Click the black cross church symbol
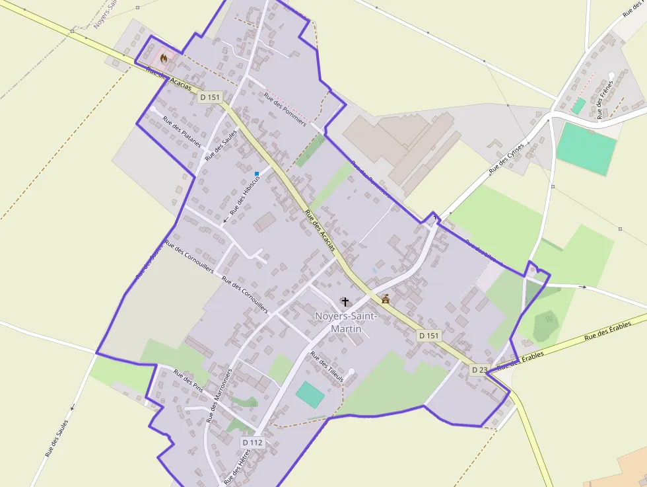pyautogui.click(x=345, y=301)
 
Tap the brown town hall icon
pyautogui.click(x=386, y=299)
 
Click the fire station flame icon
pyautogui.click(x=164, y=57)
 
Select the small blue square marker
pyautogui.click(x=257, y=174)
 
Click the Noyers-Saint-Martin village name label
pyautogui.click(x=345, y=322)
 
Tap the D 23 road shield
pyautogui.click(x=479, y=370)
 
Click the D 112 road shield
pyautogui.click(x=253, y=442)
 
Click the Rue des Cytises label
pyautogui.click(x=506, y=159)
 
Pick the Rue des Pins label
pyautogui.click(x=188, y=382)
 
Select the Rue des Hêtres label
pyautogui.click(x=235, y=467)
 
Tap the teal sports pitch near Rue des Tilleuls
pyautogui.click(x=310, y=394)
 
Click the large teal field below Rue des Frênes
pyautogui.click(x=586, y=149)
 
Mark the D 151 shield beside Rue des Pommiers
pyautogui.click(x=209, y=97)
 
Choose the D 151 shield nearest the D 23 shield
pyautogui.click(x=428, y=336)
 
